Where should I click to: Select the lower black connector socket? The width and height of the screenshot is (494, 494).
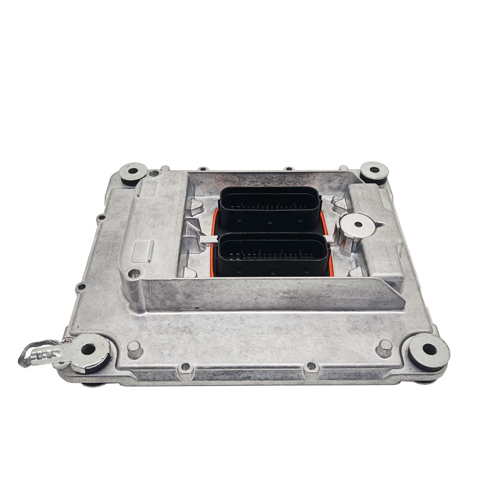tap(273, 254)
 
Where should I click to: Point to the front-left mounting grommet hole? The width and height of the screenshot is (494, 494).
tap(88, 350)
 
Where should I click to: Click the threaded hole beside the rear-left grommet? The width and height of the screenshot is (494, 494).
tap(153, 174)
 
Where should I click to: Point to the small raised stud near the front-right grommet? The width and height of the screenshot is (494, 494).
tap(385, 345)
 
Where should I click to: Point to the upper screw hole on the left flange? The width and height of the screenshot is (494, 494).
tap(98, 217)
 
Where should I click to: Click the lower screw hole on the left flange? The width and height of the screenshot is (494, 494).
tap(78, 287)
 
